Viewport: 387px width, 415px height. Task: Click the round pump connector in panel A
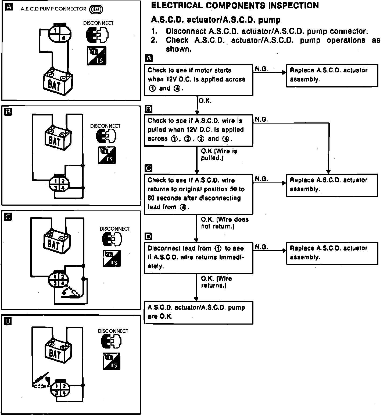click(x=59, y=34)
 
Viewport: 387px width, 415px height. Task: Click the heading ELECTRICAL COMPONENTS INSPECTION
click(x=235, y=5)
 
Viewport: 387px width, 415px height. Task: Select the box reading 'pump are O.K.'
click(x=198, y=312)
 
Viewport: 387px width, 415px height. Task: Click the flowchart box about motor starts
click(x=198, y=80)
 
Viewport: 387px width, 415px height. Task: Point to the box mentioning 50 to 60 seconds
click(x=198, y=194)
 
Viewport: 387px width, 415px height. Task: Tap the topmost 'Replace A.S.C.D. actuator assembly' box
click(x=332, y=75)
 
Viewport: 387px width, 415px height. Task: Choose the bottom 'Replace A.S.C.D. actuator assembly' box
click(x=332, y=253)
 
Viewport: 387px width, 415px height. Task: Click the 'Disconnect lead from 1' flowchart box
click(x=198, y=258)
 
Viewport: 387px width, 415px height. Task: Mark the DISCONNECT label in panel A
click(x=98, y=23)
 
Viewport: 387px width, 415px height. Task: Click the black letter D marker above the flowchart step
click(x=148, y=237)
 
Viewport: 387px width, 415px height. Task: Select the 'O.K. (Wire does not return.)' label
click(x=225, y=223)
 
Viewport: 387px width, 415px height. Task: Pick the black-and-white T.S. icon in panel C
click(x=112, y=258)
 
